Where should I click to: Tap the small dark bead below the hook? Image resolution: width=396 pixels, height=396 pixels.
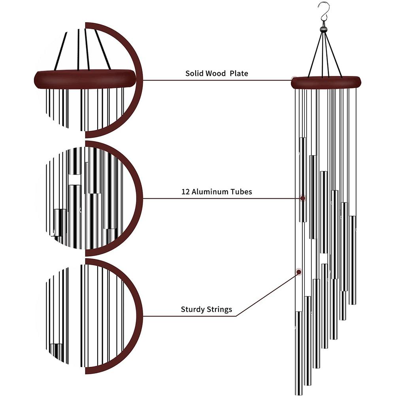click(x=324, y=29)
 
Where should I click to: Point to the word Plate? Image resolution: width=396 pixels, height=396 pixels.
click(x=239, y=74)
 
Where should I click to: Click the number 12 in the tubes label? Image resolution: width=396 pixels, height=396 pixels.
click(x=185, y=192)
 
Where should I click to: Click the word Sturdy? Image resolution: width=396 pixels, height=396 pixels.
click(x=192, y=309)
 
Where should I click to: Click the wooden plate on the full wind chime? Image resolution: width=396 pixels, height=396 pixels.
click(x=326, y=82)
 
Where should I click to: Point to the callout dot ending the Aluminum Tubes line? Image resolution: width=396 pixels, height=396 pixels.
click(x=303, y=198)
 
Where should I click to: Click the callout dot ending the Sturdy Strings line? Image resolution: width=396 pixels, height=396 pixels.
click(x=298, y=272)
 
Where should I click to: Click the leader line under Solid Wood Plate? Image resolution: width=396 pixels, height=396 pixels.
click(x=217, y=80)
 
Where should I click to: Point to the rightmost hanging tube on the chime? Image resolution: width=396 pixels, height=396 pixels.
click(x=352, y=261)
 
